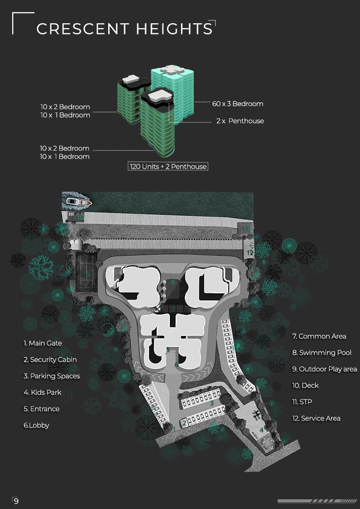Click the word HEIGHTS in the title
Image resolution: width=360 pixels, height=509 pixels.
[174, 29]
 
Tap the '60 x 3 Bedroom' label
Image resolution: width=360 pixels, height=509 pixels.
[238, 104]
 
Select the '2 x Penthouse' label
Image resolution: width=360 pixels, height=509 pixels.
[240, 121]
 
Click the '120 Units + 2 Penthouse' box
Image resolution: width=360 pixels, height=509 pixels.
[168, 166]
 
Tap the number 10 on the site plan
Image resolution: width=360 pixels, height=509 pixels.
[80, 218]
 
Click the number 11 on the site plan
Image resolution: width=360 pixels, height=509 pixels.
[247, 228]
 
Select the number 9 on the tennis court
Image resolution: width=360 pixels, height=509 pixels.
[88, 273]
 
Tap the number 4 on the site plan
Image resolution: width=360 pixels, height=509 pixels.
[262, 429]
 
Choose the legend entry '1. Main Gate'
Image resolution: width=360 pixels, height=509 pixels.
[43, 343]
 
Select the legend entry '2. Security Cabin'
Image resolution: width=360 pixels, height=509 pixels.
[50, 360]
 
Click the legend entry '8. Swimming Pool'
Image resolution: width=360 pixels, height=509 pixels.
[322, 352]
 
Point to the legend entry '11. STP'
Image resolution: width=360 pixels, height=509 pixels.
[302, 402]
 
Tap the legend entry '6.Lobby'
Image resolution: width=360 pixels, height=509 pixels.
[36, 425]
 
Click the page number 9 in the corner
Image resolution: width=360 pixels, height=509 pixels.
[16, 501]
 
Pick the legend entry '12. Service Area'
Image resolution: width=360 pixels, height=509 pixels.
[316, 418]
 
